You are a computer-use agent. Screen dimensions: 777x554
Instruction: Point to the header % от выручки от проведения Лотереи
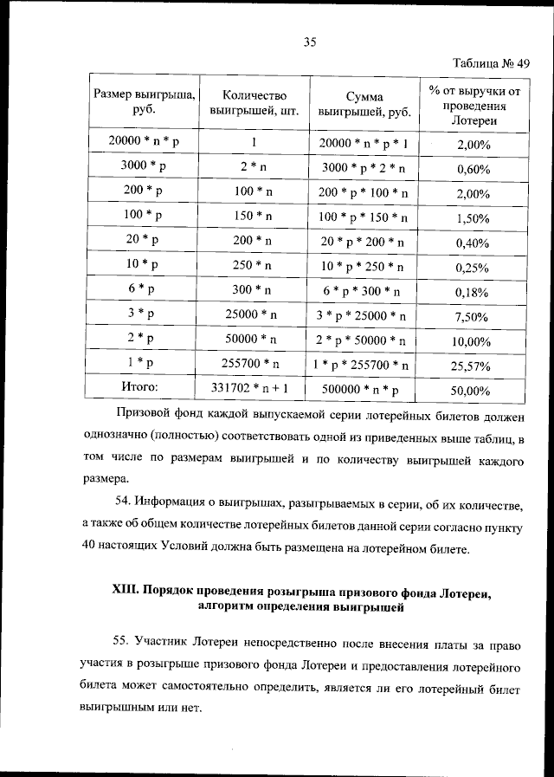tap(473, 104)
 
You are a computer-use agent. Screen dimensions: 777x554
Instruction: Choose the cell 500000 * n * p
tap(364, 390)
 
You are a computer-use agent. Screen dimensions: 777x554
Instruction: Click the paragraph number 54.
tap(123, 503)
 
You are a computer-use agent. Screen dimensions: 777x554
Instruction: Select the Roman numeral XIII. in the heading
tap(130, 592)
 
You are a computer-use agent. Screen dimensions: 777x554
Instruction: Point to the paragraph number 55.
tap(123, 640)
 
